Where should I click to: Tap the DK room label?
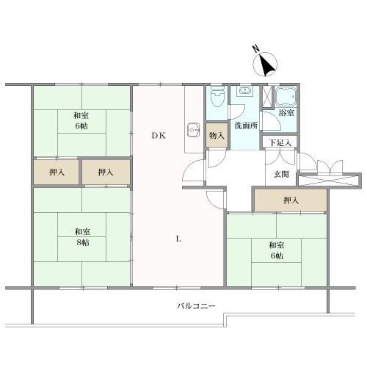point(159,134)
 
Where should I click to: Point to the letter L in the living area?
point(179,237)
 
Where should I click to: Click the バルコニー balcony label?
point(194,305)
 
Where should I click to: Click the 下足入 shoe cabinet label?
point(280,142)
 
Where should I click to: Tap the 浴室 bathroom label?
point(286,113)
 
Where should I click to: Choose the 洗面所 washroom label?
point(246,125)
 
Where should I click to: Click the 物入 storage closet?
point(217,134)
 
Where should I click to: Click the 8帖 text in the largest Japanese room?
point(81,241)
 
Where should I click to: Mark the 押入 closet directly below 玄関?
point(291,200)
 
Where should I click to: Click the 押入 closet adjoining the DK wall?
point(106,172)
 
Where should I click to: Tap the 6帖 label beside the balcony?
point(277,255)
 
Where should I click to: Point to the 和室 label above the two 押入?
point(81,115)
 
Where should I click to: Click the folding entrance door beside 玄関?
point(324,166)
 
